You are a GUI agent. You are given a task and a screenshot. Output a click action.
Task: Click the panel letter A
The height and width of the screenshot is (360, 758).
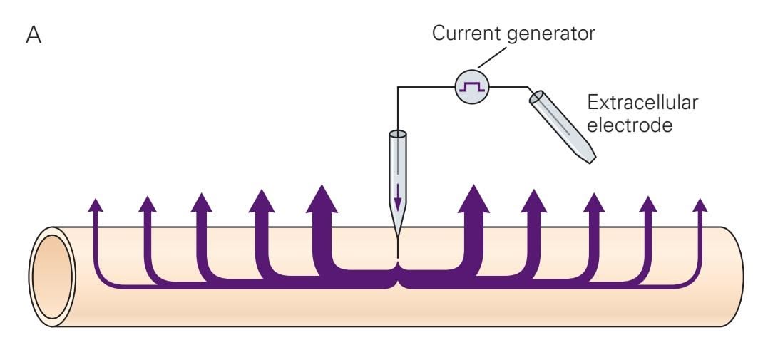pos(34,36)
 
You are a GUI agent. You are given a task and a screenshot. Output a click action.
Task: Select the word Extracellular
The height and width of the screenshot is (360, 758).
pos(642,103)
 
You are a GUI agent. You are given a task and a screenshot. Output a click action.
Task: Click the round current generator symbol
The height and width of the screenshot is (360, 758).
pos(470,87)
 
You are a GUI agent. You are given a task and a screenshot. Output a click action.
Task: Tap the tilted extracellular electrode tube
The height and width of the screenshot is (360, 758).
pos(561,128)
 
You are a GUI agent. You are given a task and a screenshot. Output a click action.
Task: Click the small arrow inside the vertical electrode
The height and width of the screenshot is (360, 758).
pos(398,200)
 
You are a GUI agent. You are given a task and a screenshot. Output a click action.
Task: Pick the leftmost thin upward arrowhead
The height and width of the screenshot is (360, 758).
pos(95,206)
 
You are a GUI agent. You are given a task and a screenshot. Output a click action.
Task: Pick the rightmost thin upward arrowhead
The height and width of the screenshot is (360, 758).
pos(701,205)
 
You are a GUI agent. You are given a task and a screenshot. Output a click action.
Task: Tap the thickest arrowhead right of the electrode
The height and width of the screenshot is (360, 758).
pos(473,199)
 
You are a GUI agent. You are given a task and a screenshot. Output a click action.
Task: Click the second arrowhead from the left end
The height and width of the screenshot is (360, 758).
pos(147,205)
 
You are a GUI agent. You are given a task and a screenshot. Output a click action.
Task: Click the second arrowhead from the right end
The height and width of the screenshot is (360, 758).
pos(647,205)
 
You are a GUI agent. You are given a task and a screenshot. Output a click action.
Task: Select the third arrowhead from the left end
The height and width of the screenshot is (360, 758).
pos(202,203)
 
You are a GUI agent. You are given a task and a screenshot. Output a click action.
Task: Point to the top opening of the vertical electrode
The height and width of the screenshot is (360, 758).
pos(398,134)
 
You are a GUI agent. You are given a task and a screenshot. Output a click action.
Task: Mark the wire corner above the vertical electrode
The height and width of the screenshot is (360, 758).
pos(398,87)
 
